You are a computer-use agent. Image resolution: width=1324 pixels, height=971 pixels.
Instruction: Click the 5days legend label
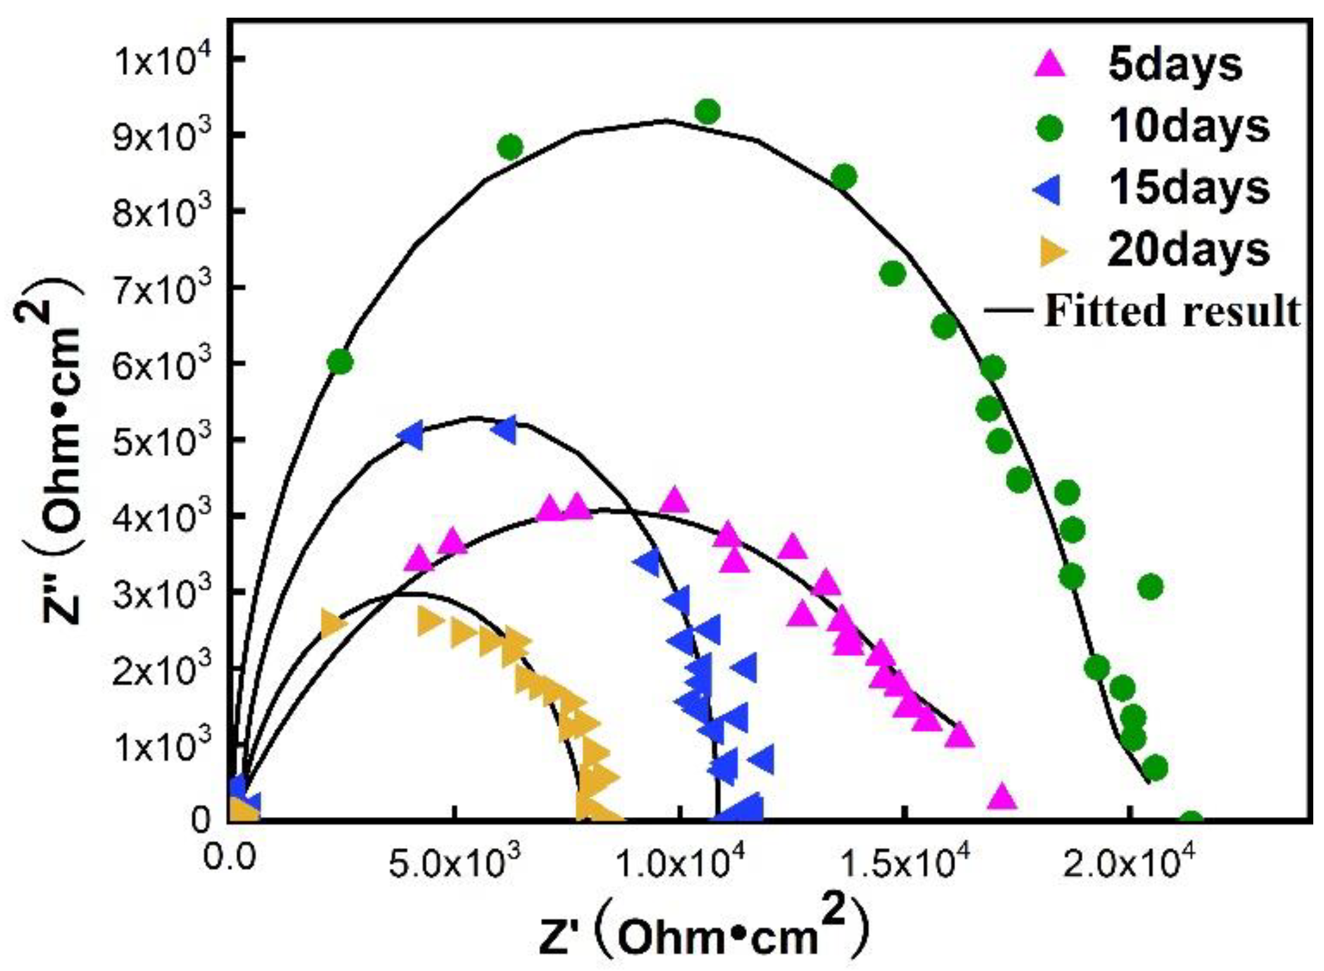pyautogui.click(x=1174, y=65)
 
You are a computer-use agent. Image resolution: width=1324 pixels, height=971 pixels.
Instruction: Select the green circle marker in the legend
pyautogui.click(x=1050, y=128)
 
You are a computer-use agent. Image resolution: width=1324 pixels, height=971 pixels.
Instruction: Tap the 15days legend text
pyautogui.click(x=1188, y=189)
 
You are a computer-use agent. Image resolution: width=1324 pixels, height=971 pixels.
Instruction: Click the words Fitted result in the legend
pyautogui.click(x=1172, y=311)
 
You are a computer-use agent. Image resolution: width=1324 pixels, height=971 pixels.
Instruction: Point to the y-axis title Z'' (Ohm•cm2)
pyautogui.click(x=60, y=461)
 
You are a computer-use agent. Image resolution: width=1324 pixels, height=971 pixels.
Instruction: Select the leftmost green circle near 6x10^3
pyautogui.click(x=340, y=362)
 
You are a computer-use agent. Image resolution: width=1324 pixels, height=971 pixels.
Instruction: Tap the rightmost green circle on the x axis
pyautogui.click(x=1191, y=821)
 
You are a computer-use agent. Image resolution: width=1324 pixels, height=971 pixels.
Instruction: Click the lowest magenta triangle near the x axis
pyautogui.click(x=1002, y=797)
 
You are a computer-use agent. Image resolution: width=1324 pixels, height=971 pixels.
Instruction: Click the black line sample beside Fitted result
pyautogui.click(x=1008, y=310)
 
